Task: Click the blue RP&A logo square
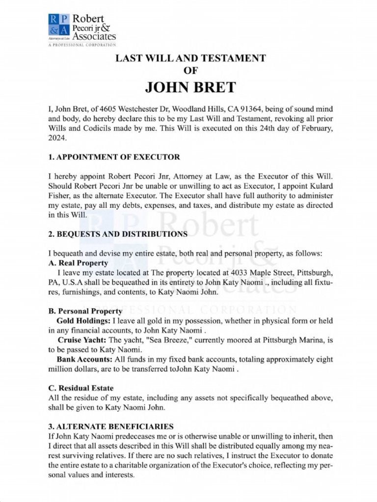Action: pyautogui.click(x=59, y=27)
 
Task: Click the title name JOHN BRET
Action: pyautogui.click(x=190, y=87)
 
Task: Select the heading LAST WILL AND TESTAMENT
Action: pyautogui.click(x=190, y=58)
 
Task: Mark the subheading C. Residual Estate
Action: pyautogui.click(x=81, y=388)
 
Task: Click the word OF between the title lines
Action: pyautogui.click(x=190, y=71)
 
